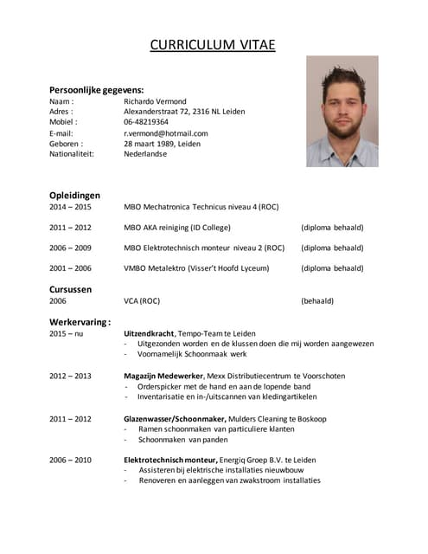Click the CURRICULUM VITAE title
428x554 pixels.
[213, 44]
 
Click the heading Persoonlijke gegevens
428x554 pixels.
[96, 90]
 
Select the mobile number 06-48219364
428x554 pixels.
[146, 122]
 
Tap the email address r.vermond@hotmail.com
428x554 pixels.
[166, 133]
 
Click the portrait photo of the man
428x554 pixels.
[342, 112]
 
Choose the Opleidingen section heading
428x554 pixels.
[74, 196]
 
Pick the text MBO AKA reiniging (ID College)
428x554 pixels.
[177, 228]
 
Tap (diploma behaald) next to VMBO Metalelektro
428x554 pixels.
[332, 268]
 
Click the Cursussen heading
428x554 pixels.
[70, 289]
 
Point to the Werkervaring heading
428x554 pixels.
[80, 322]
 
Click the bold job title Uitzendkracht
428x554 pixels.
[149, 333]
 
